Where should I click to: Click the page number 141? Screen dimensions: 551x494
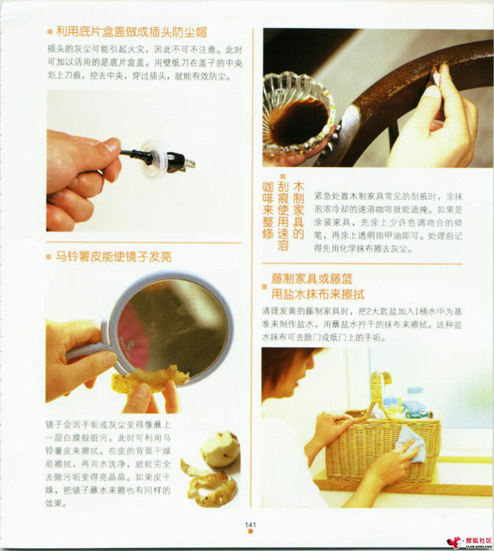pos(251,524)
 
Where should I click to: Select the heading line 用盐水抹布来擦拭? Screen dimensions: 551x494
pos(313,294)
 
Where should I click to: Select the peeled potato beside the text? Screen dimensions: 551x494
pos(220,449)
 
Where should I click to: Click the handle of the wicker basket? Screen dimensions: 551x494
pos(380,392)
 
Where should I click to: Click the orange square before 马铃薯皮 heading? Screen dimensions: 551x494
pos(49,257)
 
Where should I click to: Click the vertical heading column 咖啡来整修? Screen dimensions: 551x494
pos(268,209)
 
